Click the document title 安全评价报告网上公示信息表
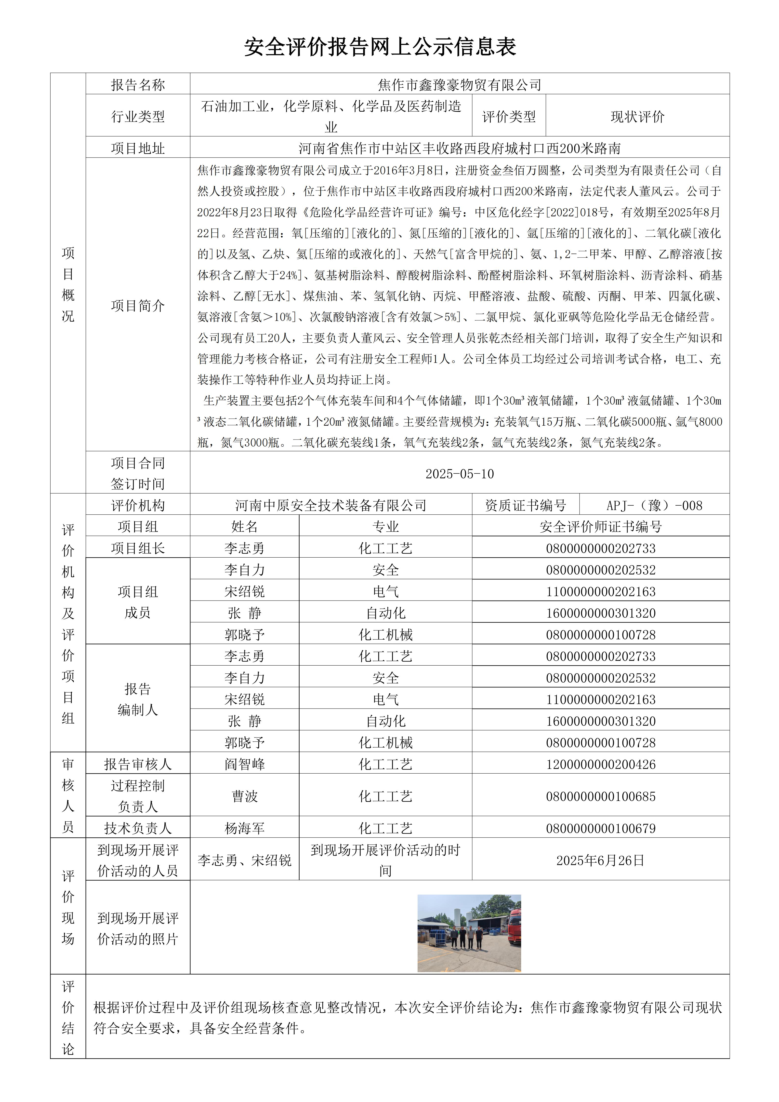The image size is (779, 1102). pyautogui.click(x=380, y=47)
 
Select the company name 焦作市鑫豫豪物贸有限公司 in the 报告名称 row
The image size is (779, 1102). pyautogui.click(x=460, y=85)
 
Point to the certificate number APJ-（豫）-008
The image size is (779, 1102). pyautogui.click(x=654, y=505)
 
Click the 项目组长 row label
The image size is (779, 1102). pyautogui.click(x=138, y=548)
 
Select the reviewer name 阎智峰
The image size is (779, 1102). pyautogui.click(x=245, y=764)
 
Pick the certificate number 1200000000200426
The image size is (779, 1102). pyautogui.click(x=601, y=764)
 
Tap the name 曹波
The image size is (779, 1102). pyautogui.click(x=245, y=796)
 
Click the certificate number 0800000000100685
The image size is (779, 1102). pyautogui.click(x=601, y=796)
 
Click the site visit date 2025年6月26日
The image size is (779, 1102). pyautogui.click(x=601, y=860)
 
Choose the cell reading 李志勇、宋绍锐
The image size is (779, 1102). pyautogui.click(x=245, y=860)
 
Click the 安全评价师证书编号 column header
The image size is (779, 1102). pyautogui.click(x=601, y=526)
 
